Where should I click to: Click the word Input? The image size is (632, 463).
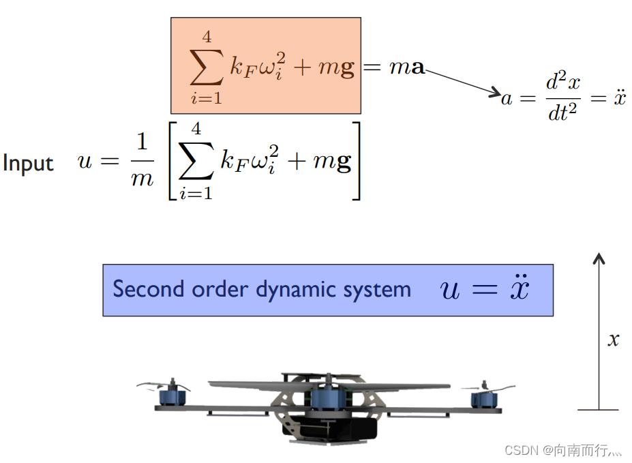[28, 164]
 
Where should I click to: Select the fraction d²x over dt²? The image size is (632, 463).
[562, 98]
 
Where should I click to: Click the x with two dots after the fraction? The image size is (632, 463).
[618, 98]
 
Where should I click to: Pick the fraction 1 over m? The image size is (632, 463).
[142, 162]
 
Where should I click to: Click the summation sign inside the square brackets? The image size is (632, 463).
[196, 162]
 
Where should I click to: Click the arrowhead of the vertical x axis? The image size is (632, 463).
[599, 258]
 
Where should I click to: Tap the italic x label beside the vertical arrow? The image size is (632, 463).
[613, 340]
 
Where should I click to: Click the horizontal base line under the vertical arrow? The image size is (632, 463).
[598, 410]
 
